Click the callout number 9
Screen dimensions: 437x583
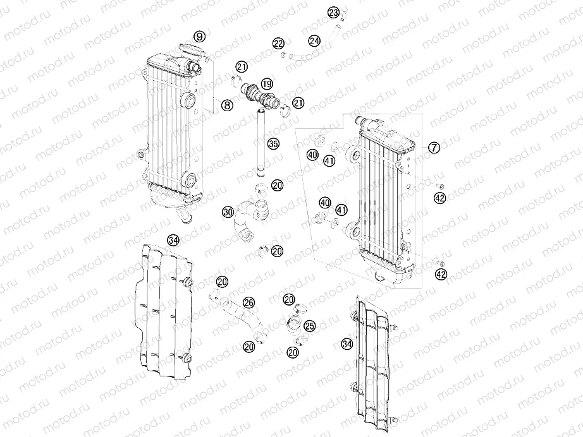[x=200, y=37]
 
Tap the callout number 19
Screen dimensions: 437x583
[x=267, y=84]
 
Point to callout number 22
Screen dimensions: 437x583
[x=279, y=43]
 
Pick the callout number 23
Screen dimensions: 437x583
[x=333, y=13]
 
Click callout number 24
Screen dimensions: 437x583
[x=315, y=41]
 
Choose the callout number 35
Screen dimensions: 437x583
[x=273, y=144]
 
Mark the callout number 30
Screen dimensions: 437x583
[x=228, y=213]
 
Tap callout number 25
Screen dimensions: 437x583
[x=310, y=326]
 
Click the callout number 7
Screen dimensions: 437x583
[x=434, y=148]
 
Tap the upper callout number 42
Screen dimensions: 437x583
[x=441, y=198]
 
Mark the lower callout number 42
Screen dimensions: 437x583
[x=441, y=274]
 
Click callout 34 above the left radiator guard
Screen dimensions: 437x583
[x=174, y=239]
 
